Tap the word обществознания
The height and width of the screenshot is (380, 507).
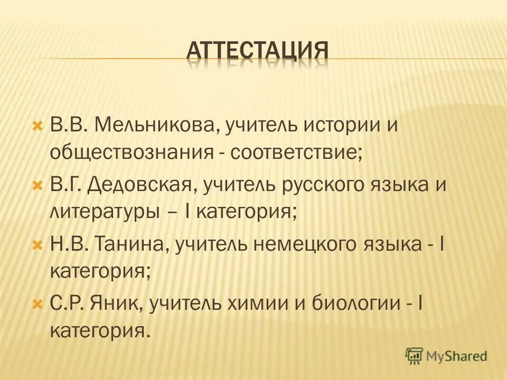tap(130, 153)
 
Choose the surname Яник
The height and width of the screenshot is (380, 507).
tap(118, 304)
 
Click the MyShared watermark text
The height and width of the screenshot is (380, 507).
tap(457, 356)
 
